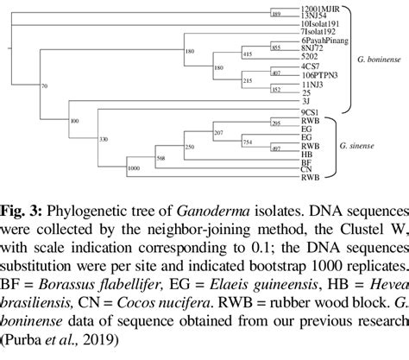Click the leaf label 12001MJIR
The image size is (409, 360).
[x=313, y=6]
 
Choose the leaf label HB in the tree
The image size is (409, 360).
[x=305, y=154]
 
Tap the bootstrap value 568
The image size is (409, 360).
[x=160, y=157]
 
